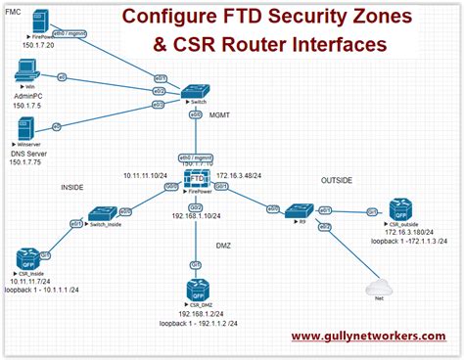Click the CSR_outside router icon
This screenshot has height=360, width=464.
[401, 209]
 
